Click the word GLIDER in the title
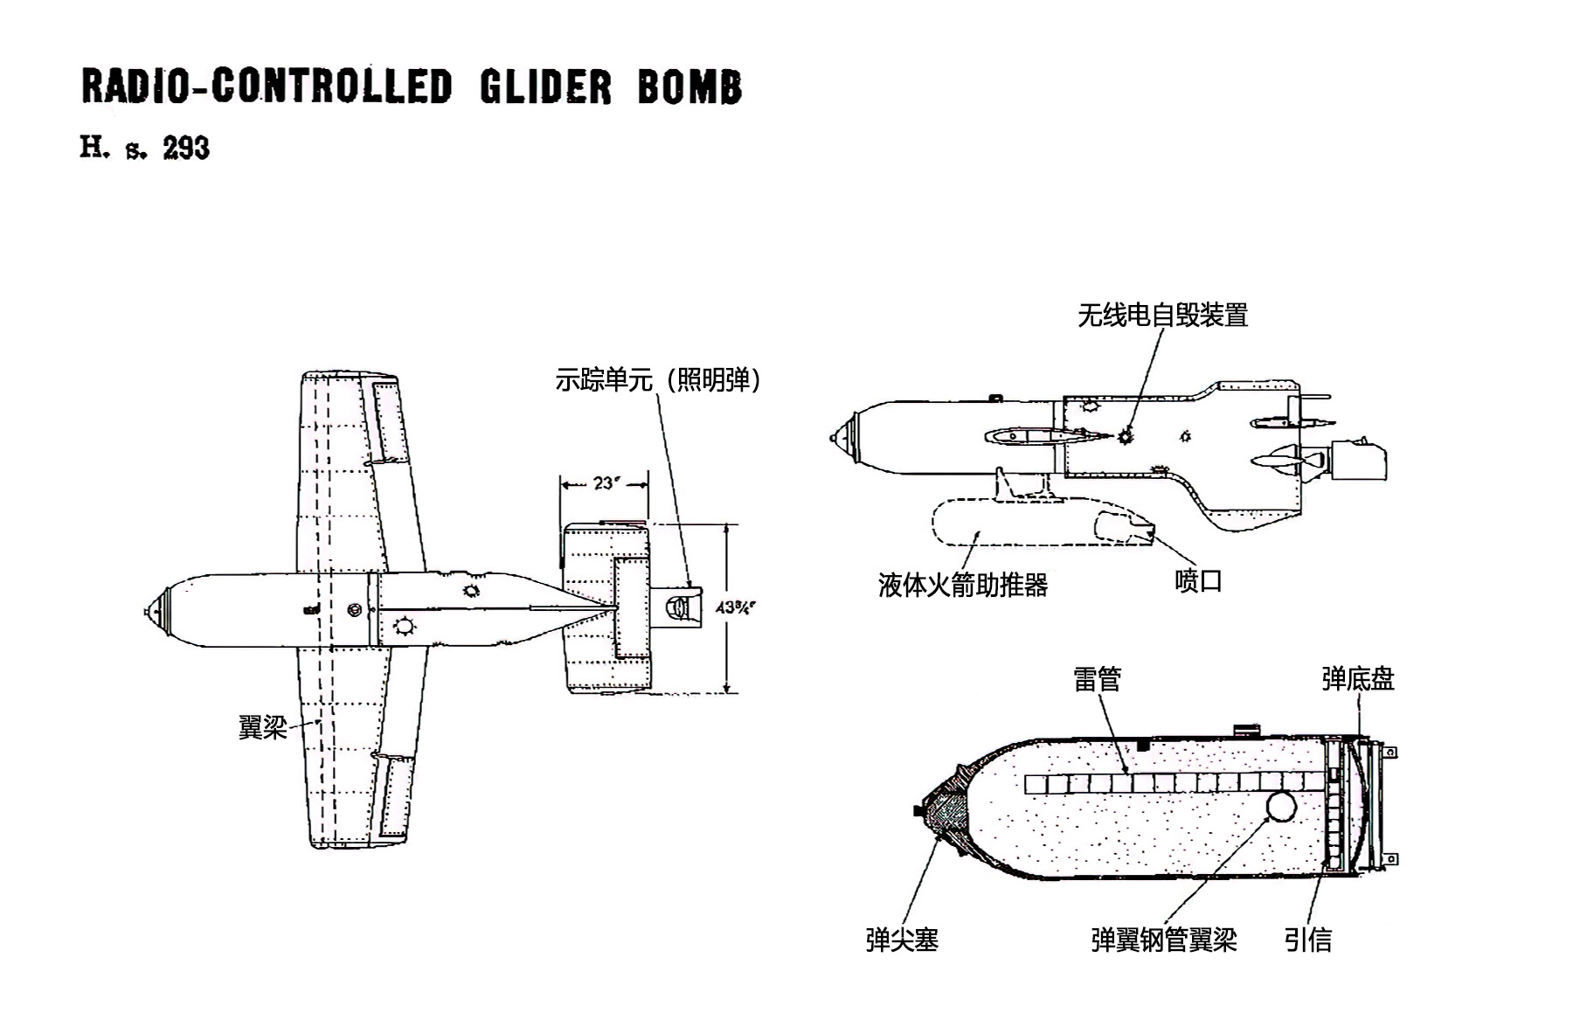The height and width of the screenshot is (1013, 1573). [x=545, y=87]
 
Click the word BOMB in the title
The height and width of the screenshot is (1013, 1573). [x=689, y=87]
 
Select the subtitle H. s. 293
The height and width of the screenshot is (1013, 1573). [x=145, y=148]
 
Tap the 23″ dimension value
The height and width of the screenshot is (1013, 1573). [x=604, y=482]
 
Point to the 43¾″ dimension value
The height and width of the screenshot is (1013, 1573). [x=735, y=607]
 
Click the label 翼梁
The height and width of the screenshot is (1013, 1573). [x=262, y=727]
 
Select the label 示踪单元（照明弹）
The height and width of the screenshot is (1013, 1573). [x=658, y=380]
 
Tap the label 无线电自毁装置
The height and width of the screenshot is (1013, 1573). [x=1162, y=315]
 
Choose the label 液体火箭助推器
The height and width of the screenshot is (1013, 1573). [x=962, y=585]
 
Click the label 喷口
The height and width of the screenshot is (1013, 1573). [x=1198, y=581]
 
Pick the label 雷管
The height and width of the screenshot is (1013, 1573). [x=1097, y=679]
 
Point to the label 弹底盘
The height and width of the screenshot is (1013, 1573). [x=1358, y=679]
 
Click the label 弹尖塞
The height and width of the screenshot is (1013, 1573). [x=902, y=940]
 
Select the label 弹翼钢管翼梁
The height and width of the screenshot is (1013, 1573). [x=1164, y=940]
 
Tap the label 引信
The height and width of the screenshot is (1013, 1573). [x=1308, y=940]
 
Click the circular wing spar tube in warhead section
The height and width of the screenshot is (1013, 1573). [x=1280, y=806]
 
